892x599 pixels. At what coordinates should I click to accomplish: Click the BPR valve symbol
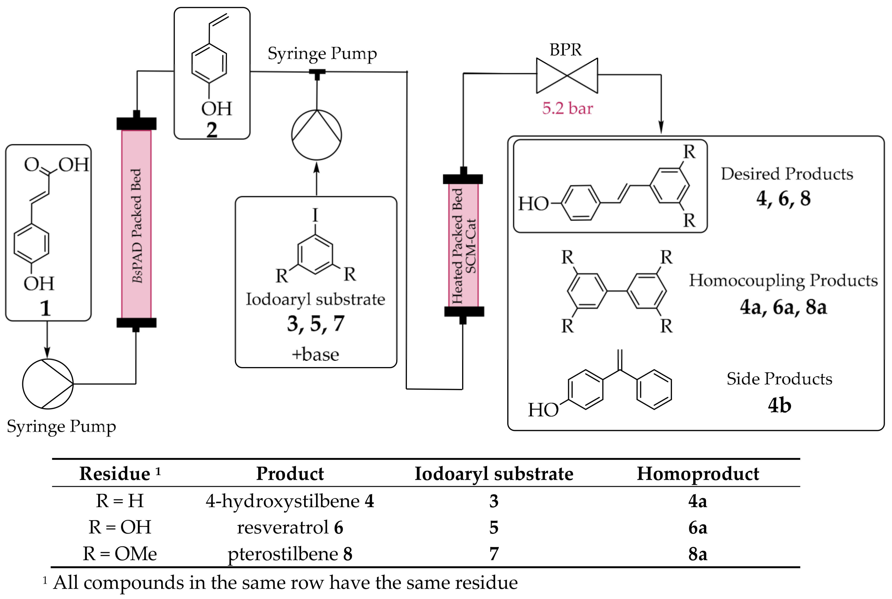(x=567, y=76)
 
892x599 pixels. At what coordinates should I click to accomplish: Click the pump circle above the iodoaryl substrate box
(x=317, y=135)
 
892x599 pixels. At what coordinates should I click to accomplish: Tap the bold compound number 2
(x=212, y=130)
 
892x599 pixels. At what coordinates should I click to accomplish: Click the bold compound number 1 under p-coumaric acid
(x=45, y=308)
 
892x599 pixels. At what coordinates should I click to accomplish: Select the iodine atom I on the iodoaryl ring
(x=315, y=215)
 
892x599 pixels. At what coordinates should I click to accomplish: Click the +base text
(x=315, y=354)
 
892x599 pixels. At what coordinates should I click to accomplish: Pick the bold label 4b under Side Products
(x=779, y=405)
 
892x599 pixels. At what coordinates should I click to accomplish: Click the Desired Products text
(x=787, y=174)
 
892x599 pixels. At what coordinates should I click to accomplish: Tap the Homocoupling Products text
(x=783, y=280)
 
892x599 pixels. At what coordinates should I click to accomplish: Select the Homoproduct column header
(x=698, y=474)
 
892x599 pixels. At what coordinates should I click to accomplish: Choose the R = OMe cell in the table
(x=120, y=554)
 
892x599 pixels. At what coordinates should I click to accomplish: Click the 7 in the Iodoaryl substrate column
(x=494, y=554)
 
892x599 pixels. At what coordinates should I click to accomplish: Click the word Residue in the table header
(x=115, y=474)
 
